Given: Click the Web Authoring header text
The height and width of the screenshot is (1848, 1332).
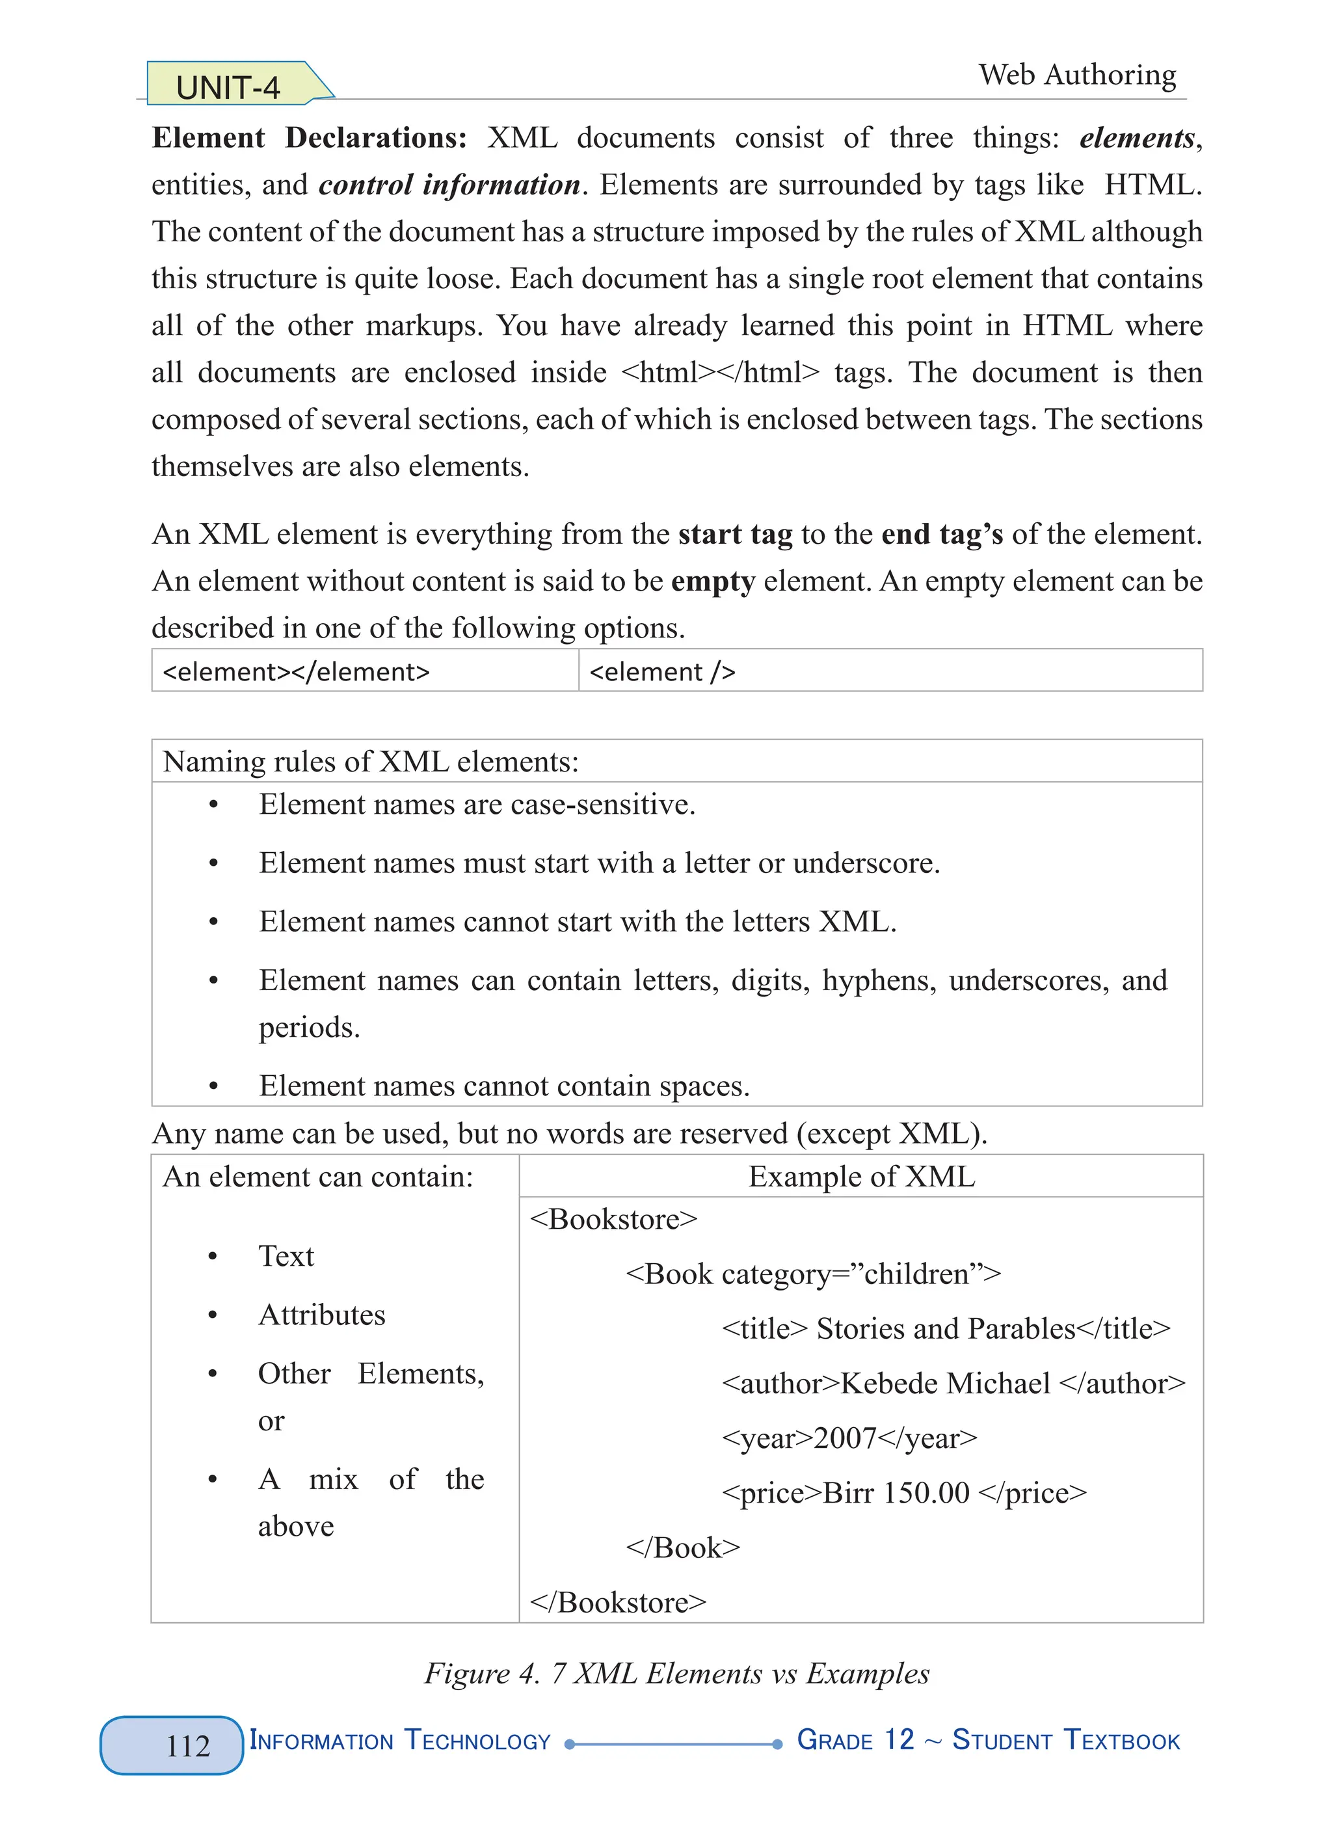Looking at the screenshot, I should (1077, 75).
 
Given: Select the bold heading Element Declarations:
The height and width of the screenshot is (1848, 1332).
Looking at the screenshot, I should (309, 138).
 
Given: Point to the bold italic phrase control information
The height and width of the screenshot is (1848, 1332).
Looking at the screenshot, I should (449, 185).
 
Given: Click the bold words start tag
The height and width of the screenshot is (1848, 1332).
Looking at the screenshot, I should (735, 535).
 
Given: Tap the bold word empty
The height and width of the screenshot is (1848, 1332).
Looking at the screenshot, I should (713, 582).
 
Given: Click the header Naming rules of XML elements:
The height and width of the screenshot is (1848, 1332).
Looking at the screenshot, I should (371, 762).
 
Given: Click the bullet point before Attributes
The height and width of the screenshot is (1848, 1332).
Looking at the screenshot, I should (213, 1315).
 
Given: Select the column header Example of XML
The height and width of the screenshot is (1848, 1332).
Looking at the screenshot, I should (861, 1177).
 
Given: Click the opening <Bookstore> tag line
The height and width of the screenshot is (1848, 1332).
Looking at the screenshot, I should (613, 1220).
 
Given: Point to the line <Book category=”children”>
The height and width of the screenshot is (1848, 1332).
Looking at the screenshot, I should (812, 1274).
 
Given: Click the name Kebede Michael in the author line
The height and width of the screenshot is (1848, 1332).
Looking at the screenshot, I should (945, 1384).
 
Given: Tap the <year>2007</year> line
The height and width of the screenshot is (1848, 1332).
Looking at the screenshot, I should (849, 1438).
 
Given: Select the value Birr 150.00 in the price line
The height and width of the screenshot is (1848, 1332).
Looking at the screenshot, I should (896, 1493).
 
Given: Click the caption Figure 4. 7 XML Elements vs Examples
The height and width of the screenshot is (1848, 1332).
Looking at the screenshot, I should (676, 1674).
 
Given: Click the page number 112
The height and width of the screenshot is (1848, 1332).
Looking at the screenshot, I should (187, 1745).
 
